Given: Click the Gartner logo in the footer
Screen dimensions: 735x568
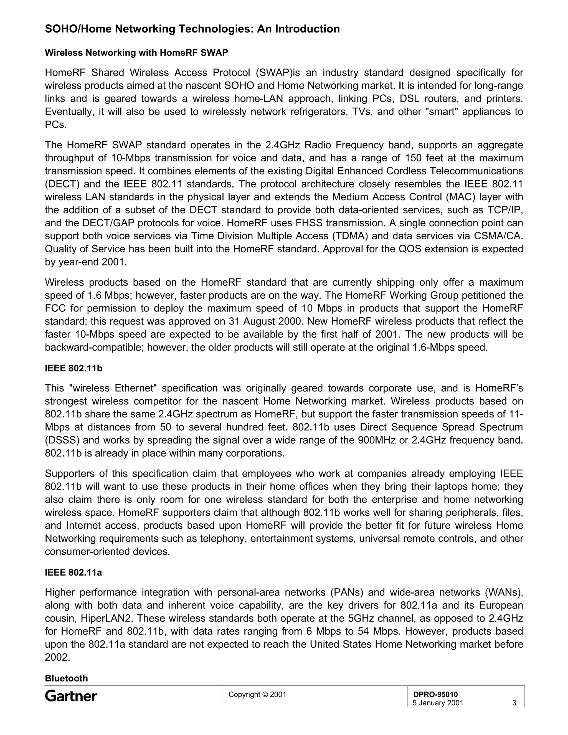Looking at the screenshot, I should coord(71,696).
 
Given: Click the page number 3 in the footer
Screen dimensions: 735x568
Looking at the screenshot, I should coord(514,703).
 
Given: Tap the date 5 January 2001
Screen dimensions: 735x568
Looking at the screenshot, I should coord(438,703).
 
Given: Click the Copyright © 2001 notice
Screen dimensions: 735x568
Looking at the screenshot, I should coord(257,695).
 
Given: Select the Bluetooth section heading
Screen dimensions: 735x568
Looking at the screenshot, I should coord(66,678).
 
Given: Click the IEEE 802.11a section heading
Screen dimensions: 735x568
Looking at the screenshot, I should coord(73,572).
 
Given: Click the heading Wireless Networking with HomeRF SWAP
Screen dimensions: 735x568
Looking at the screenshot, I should coord(136,53).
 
